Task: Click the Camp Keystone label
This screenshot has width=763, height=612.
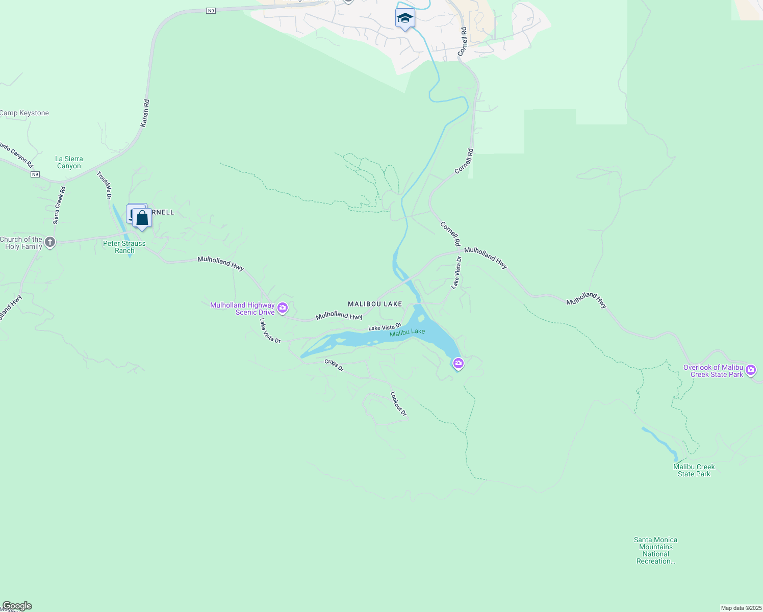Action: point(24,113)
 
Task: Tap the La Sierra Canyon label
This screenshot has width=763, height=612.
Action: point(69,163)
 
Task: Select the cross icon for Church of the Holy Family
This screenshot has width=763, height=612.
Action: point(49,242)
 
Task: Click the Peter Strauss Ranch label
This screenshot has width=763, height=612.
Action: point(124,247)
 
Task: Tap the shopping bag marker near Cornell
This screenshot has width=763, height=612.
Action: point(142,219)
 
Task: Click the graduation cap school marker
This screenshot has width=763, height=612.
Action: point(405,18)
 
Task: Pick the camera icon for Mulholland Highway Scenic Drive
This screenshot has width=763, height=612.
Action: point(283,308)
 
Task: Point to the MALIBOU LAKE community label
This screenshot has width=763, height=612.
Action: point(375,304)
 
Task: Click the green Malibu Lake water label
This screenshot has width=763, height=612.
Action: point(407,333)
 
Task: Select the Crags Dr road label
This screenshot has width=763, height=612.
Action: point(334,365)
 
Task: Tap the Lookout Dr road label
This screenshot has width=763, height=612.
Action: point(398,403)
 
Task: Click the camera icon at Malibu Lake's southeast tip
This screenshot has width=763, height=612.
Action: point(458,363)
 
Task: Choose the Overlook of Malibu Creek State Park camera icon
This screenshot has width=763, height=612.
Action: point(750,370)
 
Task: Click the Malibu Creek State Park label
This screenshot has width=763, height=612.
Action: point(694,470)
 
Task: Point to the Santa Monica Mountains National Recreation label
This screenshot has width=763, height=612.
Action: point(656,550)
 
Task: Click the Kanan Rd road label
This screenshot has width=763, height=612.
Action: point(145,113)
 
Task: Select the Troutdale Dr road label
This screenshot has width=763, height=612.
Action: point(105,185)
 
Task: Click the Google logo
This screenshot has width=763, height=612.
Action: point(17,606)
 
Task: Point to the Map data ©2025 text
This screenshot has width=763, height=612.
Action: point(741,608)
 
